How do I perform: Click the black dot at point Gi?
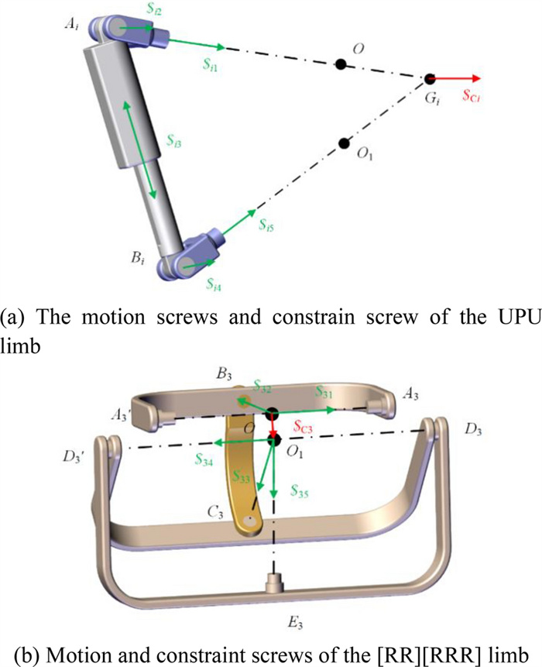point(431,79)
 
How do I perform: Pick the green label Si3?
point(175,141)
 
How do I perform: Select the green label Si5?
point(268,226)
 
